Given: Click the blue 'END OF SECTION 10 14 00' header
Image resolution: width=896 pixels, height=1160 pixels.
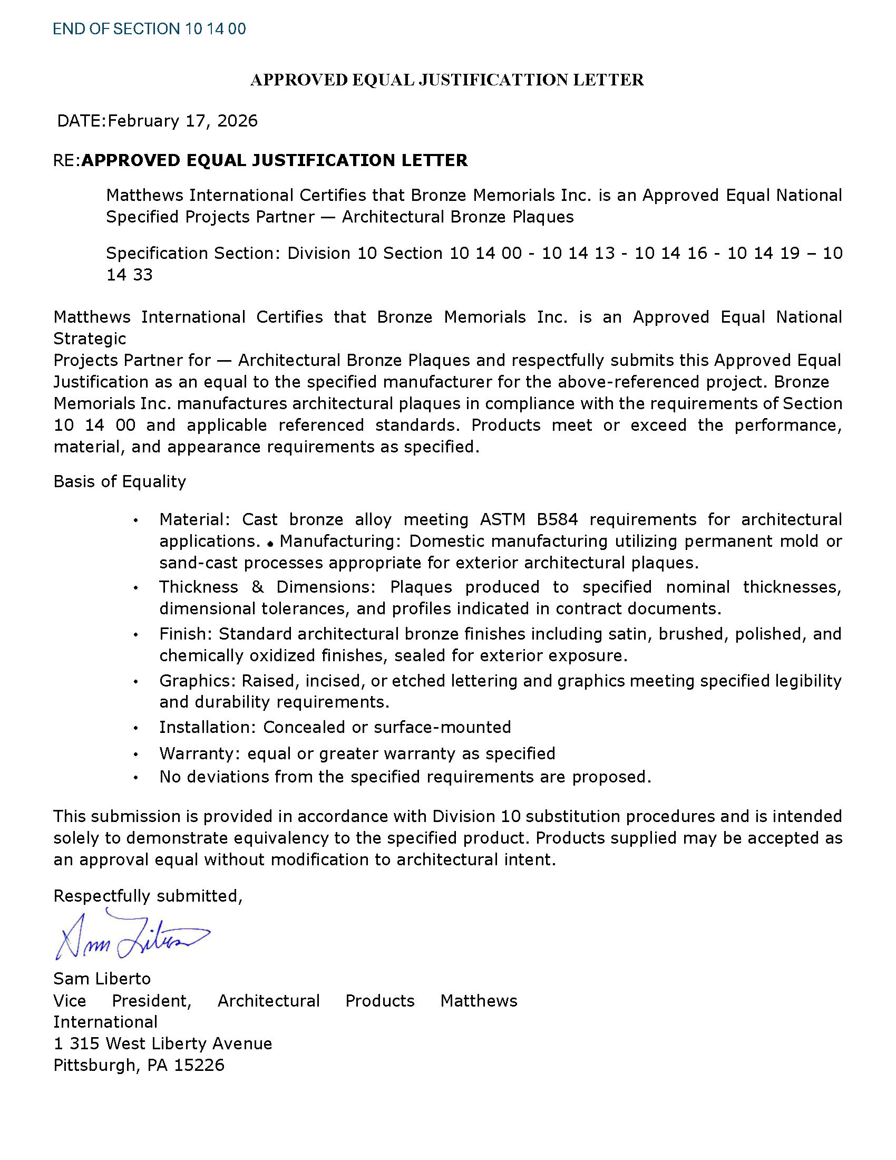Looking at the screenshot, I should [149, 28].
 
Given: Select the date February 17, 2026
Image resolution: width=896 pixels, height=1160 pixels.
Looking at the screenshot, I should [182, 121].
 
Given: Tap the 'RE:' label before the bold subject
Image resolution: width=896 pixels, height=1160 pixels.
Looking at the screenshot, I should [66, 160].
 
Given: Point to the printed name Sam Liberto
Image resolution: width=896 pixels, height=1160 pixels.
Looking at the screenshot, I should [102, 978].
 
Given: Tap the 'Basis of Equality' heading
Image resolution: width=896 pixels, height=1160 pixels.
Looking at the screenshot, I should [120, 482].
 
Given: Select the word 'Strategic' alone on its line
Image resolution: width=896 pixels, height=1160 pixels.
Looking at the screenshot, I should [90, 339].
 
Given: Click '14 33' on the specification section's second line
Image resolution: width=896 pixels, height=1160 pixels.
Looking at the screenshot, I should [130, 275].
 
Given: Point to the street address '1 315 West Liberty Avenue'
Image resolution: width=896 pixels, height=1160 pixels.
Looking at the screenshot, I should [162, 1043].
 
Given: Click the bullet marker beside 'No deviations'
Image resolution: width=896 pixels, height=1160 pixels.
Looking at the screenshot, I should [136, 778].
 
